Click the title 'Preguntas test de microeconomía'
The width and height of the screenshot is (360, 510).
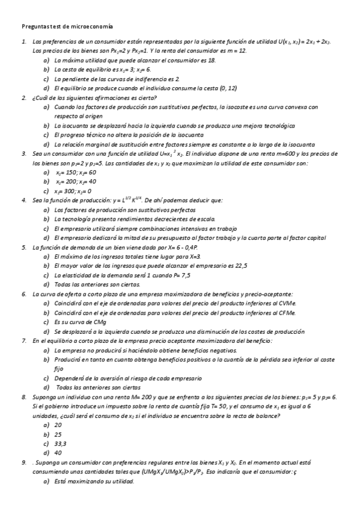[67, 26]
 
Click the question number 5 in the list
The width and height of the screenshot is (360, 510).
[23, 247]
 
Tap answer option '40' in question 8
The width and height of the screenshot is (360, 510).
[58, 453]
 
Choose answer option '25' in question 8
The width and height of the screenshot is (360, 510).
[58, 434]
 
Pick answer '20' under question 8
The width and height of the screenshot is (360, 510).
[58, 425]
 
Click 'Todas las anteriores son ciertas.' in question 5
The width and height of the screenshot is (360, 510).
[97, 284]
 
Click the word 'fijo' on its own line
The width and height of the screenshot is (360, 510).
[58, 368]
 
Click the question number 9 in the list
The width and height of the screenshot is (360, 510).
[23, 462]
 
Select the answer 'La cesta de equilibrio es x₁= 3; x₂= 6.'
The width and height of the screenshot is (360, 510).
[94, 70]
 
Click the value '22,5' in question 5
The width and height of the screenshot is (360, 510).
[240, 266]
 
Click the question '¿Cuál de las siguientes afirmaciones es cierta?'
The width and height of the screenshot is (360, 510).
[95, 97]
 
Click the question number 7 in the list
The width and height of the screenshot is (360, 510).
[23, 340]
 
